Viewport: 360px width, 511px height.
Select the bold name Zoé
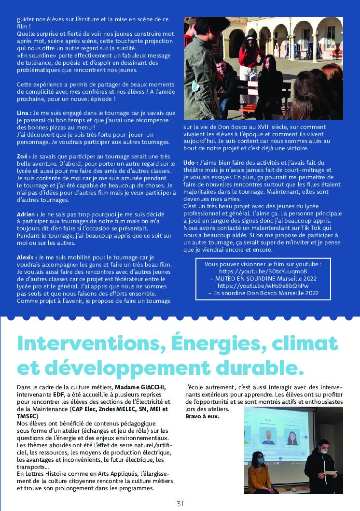tap(23, 156)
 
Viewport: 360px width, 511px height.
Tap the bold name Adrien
tap(27, 214)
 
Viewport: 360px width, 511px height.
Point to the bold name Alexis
tap(27, 258)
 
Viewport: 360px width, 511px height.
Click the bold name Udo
tap(190, 162)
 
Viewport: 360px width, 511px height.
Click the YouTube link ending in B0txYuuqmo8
tap(263, 271)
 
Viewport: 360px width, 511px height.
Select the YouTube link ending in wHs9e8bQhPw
tap(263, 285)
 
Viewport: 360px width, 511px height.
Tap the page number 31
tap(180, 503)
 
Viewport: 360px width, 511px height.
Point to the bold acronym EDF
tap(58, 395)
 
